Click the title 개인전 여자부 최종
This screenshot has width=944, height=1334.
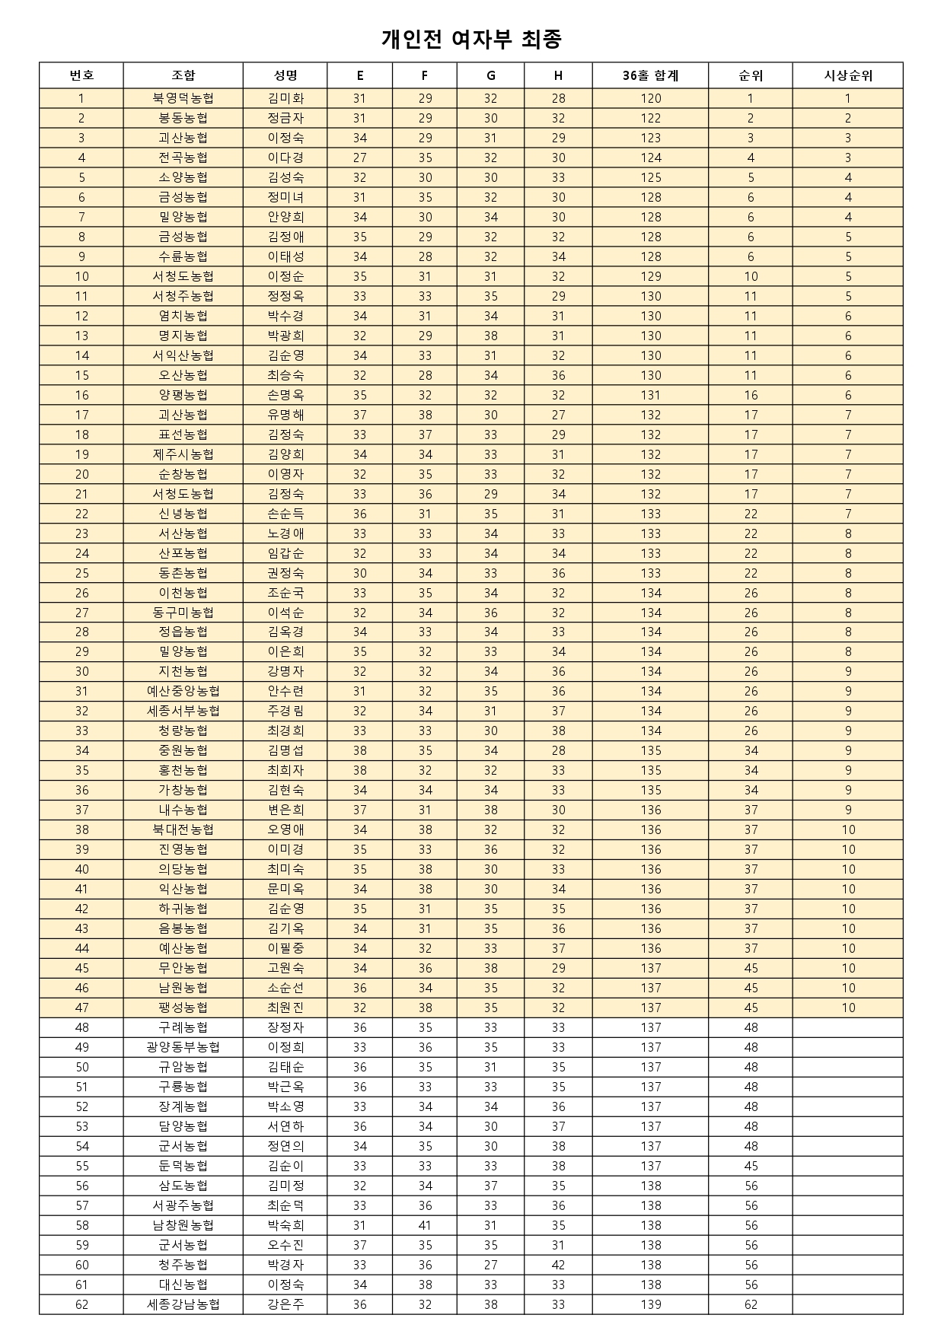click(x=471, y=39)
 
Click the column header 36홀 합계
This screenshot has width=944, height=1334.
click(x=650, y=75)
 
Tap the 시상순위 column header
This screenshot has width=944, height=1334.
click(x=848, y=75)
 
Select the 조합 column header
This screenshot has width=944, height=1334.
click(x=183, y=75)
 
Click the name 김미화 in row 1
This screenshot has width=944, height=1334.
click(x=285, y=98)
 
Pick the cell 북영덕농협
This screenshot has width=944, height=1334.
click(x=183, y=98)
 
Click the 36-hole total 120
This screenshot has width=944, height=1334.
click(x=650, y=98)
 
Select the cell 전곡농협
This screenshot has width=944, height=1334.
click(x=183, y=158)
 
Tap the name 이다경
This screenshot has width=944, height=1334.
click(x=285, y=158)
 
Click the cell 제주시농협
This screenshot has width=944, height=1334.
click(x=183, y=454)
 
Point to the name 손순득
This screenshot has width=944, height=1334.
click(x=285, y=514)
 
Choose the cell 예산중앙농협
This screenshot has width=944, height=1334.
click(x=183, y=691)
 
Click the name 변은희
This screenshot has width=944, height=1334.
click(x=285, y=810)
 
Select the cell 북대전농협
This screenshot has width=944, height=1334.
click(x=183, y=829)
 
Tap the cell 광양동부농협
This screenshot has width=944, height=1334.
click(x=183, y=1047)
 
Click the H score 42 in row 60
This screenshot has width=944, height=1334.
click(x=558, y=1265)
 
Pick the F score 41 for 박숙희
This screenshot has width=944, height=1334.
click(x=425, y=1225)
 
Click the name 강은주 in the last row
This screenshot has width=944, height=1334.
click(x=285, y=1304)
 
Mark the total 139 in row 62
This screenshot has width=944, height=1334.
click(x=650, y=1304)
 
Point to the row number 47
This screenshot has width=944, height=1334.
click(x=81, y=1008)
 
